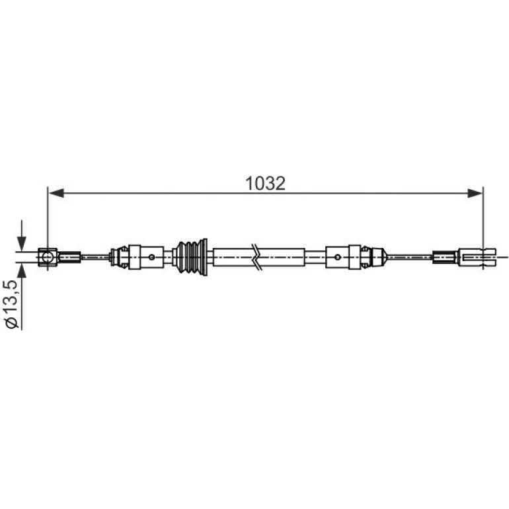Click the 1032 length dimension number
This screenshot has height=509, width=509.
[x=265, y=183]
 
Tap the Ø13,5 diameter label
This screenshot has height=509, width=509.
[x=12, y=305]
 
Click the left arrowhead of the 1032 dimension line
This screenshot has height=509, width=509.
[x=56, y=194]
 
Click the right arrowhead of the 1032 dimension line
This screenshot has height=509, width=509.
[x=475, y=194]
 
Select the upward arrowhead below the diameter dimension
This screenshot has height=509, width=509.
[x=22, y=270]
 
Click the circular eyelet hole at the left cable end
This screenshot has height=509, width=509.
[x=48, y=257]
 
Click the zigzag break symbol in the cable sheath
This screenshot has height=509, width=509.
[x=257, y=257]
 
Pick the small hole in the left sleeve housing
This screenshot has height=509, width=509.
[x=151, y=257]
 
